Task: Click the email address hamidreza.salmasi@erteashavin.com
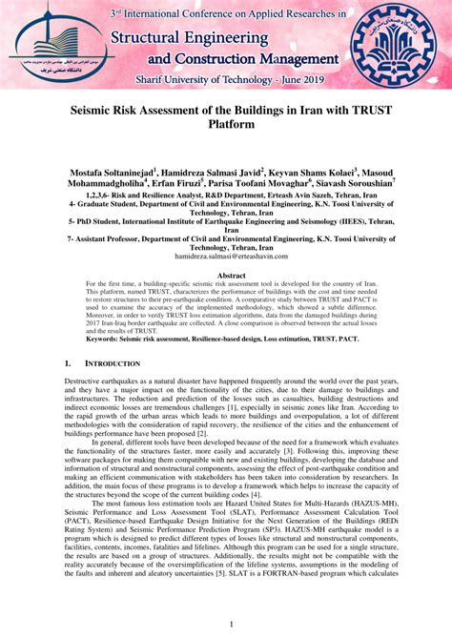(x=225, y=257)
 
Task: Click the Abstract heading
(x=225, y=275)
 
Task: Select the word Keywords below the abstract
(x=108, y=339)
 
